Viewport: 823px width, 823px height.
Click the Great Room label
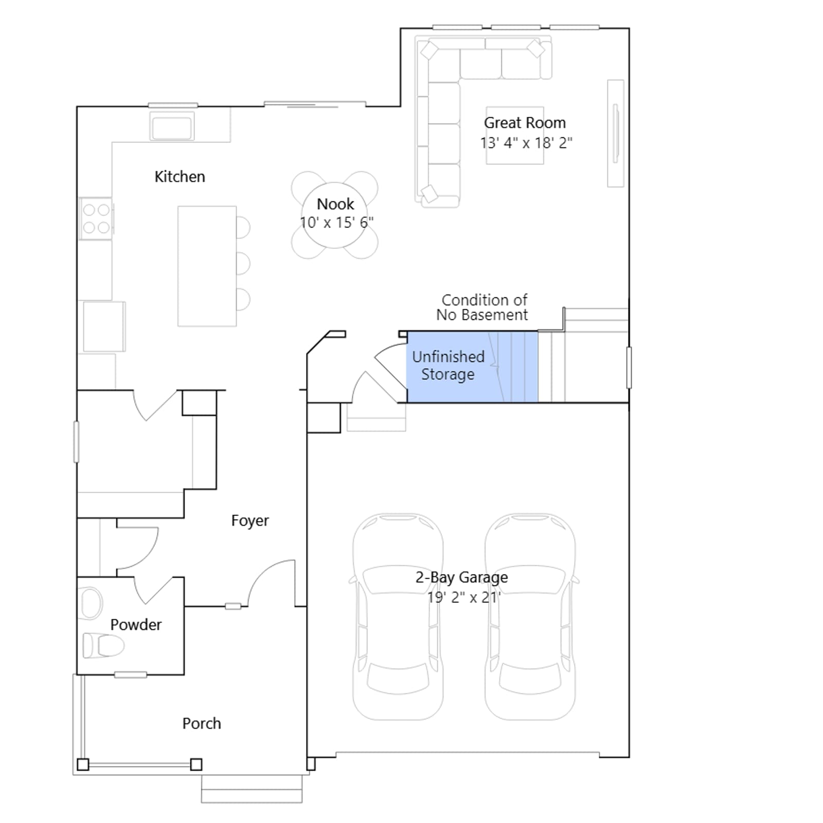525,123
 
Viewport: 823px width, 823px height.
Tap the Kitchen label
180,177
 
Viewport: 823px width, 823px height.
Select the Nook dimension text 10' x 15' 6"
336,223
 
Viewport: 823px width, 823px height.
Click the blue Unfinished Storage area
472,367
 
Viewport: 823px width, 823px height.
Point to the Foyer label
250,521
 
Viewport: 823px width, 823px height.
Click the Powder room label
136,624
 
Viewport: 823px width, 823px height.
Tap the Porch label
202,723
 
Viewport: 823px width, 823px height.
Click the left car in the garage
398,616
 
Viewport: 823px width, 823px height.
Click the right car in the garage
530,616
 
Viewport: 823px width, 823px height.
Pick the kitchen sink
172,126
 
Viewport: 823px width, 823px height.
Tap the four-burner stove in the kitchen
96,219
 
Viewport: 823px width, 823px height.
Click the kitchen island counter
207,266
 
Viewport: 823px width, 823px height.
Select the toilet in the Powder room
103,645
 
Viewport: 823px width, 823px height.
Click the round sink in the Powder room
92,603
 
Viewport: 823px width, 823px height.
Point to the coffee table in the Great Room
515,135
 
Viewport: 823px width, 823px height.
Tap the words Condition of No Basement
482,308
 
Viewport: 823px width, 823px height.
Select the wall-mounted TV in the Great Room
616,133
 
